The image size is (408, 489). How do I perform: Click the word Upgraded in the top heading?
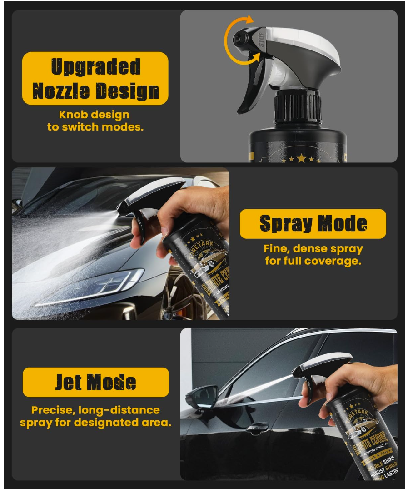95,67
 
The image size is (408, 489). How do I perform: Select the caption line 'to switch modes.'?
95,127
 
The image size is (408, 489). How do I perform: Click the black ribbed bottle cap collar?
297,107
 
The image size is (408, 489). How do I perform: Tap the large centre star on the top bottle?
301,158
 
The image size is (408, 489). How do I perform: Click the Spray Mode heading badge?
313,224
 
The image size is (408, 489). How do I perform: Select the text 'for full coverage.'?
313,261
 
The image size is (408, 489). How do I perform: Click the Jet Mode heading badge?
95,382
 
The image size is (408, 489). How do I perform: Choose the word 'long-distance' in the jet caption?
119,410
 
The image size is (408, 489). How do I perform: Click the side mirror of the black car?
202,396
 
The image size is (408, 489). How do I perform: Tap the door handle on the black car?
257,427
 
